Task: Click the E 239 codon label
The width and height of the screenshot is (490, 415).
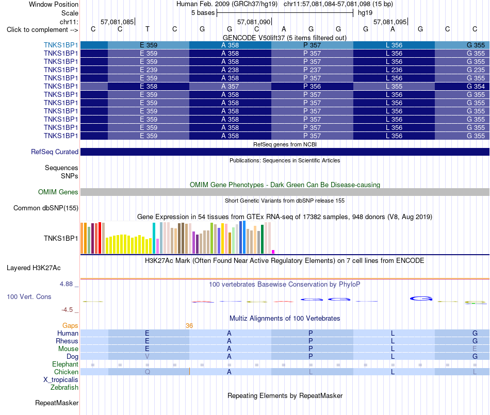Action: (149, 70)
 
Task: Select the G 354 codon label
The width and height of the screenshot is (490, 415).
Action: (476, 86)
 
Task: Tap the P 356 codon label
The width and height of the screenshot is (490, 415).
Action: (312, 86)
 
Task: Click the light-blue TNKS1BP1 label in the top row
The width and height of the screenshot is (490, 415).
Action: (61, 45)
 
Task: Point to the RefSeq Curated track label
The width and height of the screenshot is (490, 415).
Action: (55, 152)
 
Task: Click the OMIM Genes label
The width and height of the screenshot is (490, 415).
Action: (58, 192)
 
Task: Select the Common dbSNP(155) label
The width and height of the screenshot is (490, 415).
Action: (46, 208)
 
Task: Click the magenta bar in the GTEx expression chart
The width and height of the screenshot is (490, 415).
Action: (273, 252)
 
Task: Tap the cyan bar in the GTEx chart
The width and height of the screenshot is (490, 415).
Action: (154, 238)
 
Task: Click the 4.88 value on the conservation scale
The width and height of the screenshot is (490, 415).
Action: (66, 284)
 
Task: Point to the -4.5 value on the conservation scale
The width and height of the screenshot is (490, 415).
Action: (67, 309)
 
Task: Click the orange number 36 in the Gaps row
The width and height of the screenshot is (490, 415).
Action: (189, 326)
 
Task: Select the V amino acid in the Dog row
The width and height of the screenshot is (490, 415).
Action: (147, 356)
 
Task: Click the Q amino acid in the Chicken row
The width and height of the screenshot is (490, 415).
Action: (148, 372)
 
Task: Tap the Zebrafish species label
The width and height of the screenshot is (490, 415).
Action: (64, 387)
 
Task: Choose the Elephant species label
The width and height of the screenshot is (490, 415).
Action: (66, 364)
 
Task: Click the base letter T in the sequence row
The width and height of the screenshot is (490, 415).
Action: (148, 29)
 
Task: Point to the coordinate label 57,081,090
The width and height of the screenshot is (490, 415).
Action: (254, 22)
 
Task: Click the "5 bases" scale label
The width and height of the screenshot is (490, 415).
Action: (203, 13)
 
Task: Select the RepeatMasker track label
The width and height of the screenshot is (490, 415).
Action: (57, 403)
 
